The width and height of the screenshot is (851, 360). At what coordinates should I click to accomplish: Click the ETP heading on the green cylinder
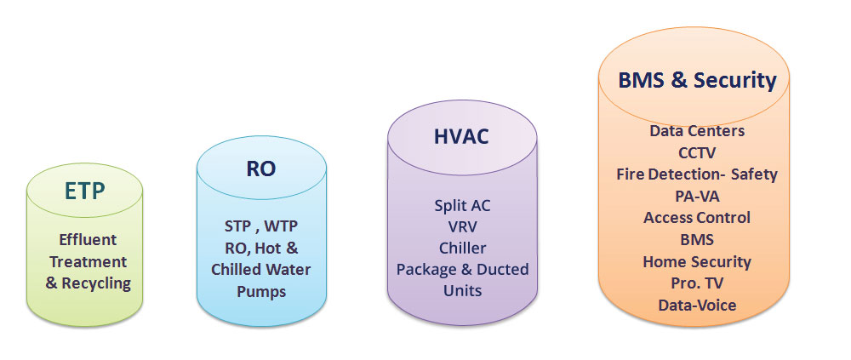pos(84,191)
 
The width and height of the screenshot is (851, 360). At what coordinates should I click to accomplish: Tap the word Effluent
pos(88,239)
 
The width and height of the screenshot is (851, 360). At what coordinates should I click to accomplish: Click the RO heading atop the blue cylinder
pos(260,168)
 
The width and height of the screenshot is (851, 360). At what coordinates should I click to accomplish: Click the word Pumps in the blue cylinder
pos(261,291)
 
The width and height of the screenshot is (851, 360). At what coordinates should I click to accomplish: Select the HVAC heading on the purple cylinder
pos(462,136)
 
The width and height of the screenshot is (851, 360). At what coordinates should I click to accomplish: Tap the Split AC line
pos(462,205)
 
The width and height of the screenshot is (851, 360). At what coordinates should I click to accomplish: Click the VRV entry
pos(462,226)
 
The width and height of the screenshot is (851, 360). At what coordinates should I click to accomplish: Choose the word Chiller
pos(462,248)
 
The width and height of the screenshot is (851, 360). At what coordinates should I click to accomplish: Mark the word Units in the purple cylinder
pos(462,290)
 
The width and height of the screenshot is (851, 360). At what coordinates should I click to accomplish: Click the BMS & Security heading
pos(697,80)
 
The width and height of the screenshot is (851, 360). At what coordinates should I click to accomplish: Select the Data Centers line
pos(697,131)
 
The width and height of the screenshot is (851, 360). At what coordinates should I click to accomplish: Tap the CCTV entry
pos(697,152)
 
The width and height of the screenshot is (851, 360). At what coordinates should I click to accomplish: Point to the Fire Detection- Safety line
pos(697,174)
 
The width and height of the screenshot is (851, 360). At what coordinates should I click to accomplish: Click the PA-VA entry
pos(697,196)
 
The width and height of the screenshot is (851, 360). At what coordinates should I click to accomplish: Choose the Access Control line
pos(697,217)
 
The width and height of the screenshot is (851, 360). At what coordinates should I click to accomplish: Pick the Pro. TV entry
pos(697,283)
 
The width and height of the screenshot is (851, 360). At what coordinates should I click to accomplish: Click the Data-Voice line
pos(697,305)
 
